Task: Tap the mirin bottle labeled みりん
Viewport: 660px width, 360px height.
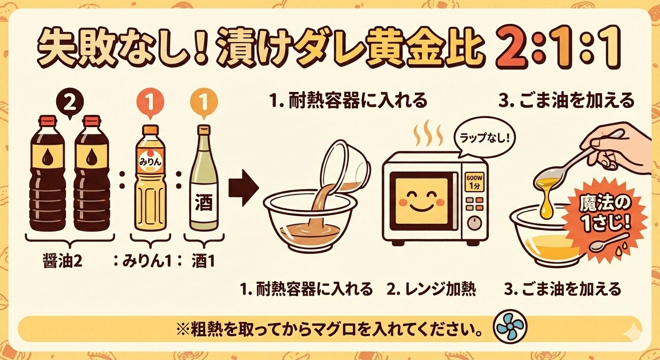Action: tap(150, 178)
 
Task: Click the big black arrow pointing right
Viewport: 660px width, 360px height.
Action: tap(244, 187)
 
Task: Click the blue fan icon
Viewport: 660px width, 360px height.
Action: tap(510, 327)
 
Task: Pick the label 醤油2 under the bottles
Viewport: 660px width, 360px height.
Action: tap(62, 261)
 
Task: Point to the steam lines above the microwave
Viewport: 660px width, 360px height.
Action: tap(428, 135)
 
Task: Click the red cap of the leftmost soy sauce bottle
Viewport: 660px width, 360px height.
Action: tap(47, 120)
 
